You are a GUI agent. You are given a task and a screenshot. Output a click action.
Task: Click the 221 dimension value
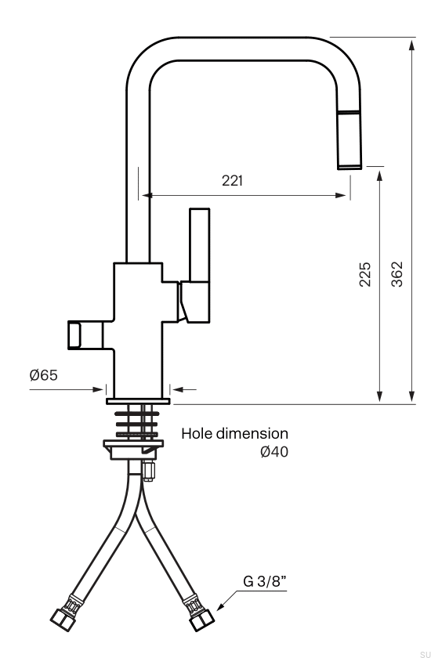point(233,181)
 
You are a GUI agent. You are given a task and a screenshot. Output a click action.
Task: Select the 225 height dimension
point(365,275)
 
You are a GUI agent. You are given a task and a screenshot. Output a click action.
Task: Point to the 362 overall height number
point(397,275)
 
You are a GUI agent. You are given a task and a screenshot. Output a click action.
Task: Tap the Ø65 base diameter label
point(44,375)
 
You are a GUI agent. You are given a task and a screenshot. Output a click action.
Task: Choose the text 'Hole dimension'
point(235,433)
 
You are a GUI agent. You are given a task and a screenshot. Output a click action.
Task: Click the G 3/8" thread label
point(264,583)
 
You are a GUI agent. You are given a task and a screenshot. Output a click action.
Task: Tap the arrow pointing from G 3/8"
point(223,602)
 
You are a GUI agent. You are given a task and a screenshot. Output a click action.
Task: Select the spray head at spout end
point(350,140)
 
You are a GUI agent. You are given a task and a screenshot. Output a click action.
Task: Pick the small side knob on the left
point(81,334)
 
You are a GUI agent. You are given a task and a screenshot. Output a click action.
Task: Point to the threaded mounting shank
point(138,423)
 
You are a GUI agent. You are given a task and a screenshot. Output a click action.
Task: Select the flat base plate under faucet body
point(138,402)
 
